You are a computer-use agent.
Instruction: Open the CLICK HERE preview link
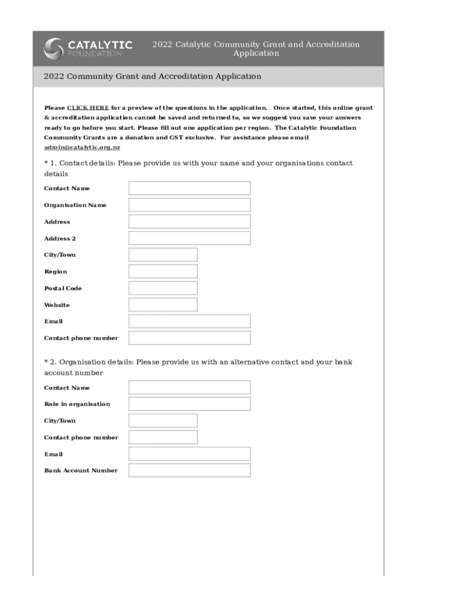88,108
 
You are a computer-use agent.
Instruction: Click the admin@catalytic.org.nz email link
82,147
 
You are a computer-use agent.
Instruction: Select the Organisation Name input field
190,205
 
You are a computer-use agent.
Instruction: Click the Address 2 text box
190,238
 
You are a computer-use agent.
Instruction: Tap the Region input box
163,271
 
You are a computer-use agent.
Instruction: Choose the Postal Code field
163,288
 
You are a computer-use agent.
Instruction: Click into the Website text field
163,305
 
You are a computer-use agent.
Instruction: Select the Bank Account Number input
190,471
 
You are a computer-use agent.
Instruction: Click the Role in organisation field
190,404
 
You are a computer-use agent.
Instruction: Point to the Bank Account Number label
81,471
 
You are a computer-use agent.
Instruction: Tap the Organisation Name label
75,205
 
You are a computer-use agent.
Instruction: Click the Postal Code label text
63,288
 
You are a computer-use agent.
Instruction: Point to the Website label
57,305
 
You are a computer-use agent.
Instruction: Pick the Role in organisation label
77,404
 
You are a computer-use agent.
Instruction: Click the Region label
56,271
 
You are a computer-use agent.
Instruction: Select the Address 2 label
60,238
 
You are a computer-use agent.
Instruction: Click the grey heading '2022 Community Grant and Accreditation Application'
152,76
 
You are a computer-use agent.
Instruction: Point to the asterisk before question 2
46,362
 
